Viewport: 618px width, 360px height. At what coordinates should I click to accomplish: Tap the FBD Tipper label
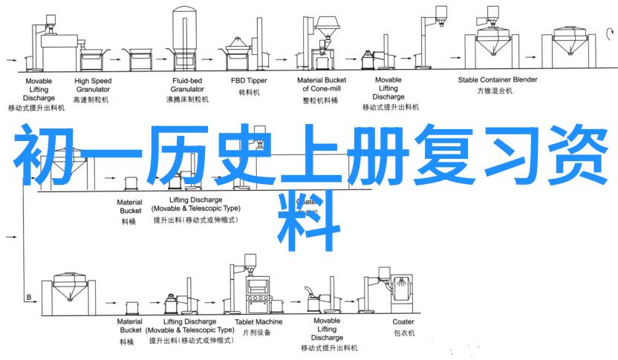tap(249, 80)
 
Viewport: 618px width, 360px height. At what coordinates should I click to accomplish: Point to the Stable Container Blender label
tap(497, 79)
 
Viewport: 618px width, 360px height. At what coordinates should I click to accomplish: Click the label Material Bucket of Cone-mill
tap(322, 85)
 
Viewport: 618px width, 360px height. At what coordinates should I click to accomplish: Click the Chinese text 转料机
tap(249, 93)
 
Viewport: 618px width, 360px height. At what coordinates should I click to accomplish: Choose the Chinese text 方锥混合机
tap(497, 92)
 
